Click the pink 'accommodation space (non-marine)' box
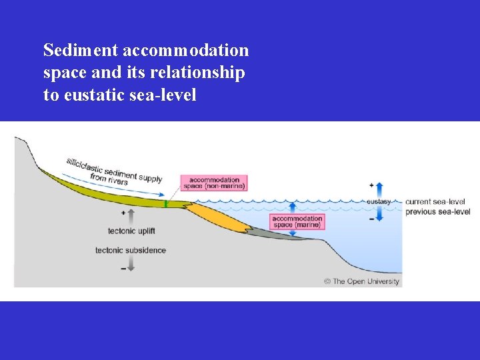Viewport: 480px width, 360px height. pos(213,183)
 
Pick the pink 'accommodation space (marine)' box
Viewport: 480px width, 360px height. pos(297,221)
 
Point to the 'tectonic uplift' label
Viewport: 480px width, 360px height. pos(131,231)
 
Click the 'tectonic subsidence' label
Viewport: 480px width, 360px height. pos(131,251)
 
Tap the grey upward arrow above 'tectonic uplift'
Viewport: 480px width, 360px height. pos(131,215)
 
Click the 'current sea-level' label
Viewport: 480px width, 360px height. pos(435,201)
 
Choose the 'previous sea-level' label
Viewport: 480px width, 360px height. pos(437,212)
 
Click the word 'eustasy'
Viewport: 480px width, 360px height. pos(378,201)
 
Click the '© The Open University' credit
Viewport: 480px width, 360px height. pos(361,281)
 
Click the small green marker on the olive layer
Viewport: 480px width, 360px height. pos(165,203)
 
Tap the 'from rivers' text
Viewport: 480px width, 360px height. pos(108,179)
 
